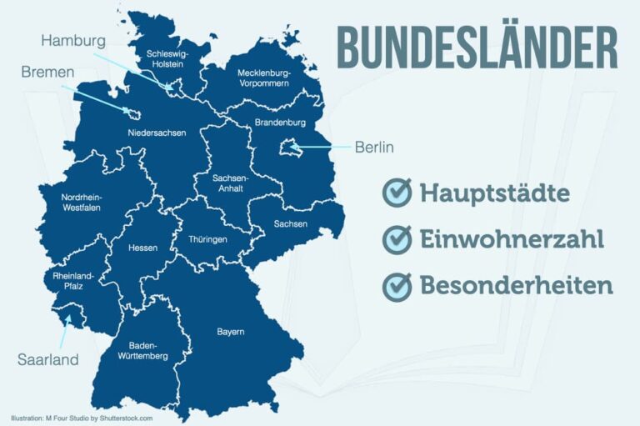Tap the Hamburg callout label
[x=73, y=41]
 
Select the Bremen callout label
[x=48, y=73]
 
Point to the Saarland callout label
[x=48, y=360]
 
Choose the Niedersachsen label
[x=157, y=133]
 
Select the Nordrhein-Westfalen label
[x=82, y=203]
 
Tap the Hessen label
[x=142, y=248]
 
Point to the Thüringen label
[x=207, y=238]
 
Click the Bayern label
[x=231, y=332]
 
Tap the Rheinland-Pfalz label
[x=74, y=281]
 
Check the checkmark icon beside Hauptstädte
[x=397, y=193]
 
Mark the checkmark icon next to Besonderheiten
[x=397, y=286]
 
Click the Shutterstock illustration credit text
[x=82, y=418]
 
